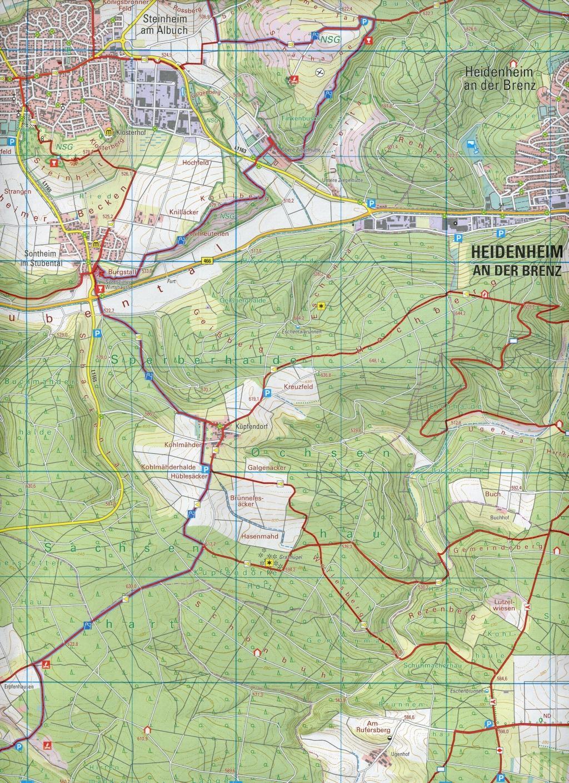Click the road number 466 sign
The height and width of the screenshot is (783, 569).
pyautogui.click(x=207, y=261)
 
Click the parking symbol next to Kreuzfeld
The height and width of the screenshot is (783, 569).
pyautogui.click(x=267, y=393)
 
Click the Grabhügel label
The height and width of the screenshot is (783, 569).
pyautogui.click(x=290, y=555)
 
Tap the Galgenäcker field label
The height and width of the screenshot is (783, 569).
pyautogui.click(x=263, y=468)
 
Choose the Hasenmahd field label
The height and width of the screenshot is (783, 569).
pyautogui.click(x=255, y=537)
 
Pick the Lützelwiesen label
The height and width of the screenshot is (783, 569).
pyautogui.click(x=501, y=605)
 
